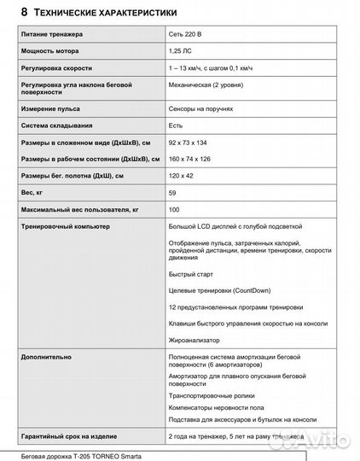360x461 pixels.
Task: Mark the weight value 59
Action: pyautogui.click(x=174, y=192)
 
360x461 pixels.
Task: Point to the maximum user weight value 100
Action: pyautogui.click(x=175, y=209)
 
